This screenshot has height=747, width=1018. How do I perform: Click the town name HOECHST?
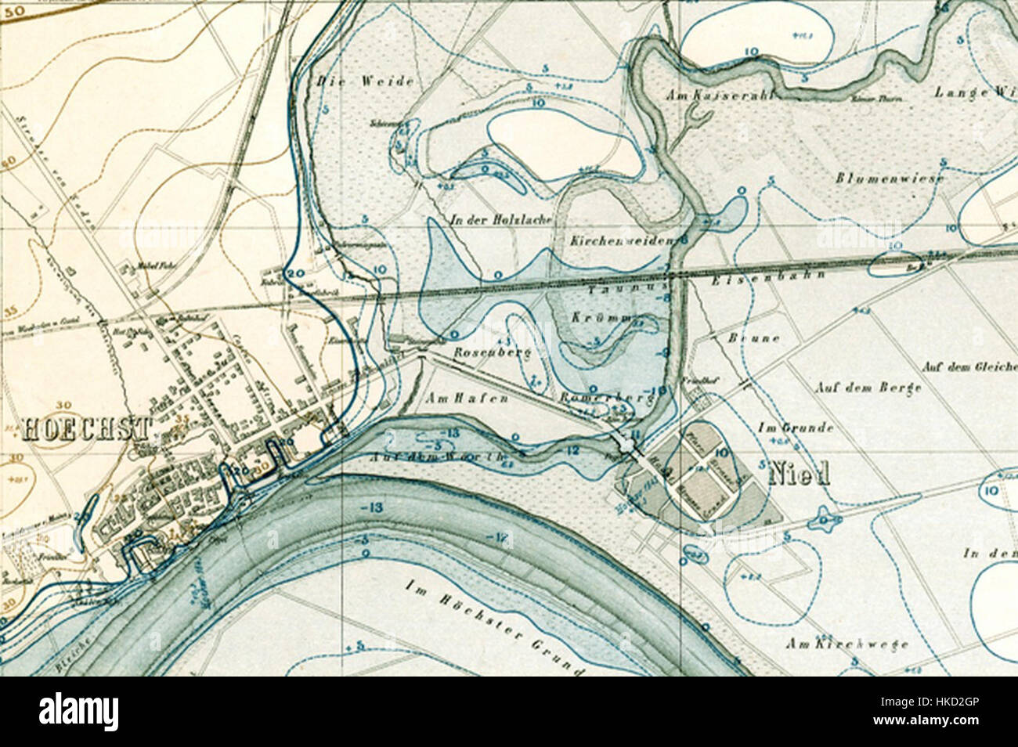click(x=86, y=428)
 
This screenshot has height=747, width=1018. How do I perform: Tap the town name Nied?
click(x=800, y=475)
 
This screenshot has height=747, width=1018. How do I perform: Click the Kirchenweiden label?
click(x=623, y=241)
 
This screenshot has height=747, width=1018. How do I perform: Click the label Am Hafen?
click(x=468, y=399)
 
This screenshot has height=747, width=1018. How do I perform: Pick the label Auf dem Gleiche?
click(x=968, y=366)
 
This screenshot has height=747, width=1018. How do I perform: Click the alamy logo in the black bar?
click(x=78, y=712)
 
